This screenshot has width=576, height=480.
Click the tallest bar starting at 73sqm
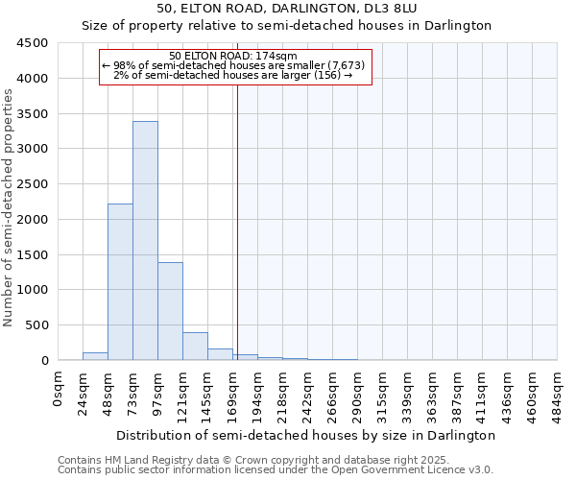(145, 240)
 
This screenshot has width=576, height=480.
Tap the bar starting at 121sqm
(195, 347)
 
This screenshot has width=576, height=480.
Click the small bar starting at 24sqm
(95, 356)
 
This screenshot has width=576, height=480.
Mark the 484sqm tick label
(558, 394)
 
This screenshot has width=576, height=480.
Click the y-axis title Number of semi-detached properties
(9, 207)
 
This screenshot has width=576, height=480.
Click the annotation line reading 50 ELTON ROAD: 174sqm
(232, 57)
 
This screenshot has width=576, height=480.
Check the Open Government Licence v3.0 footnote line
(276, 470)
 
